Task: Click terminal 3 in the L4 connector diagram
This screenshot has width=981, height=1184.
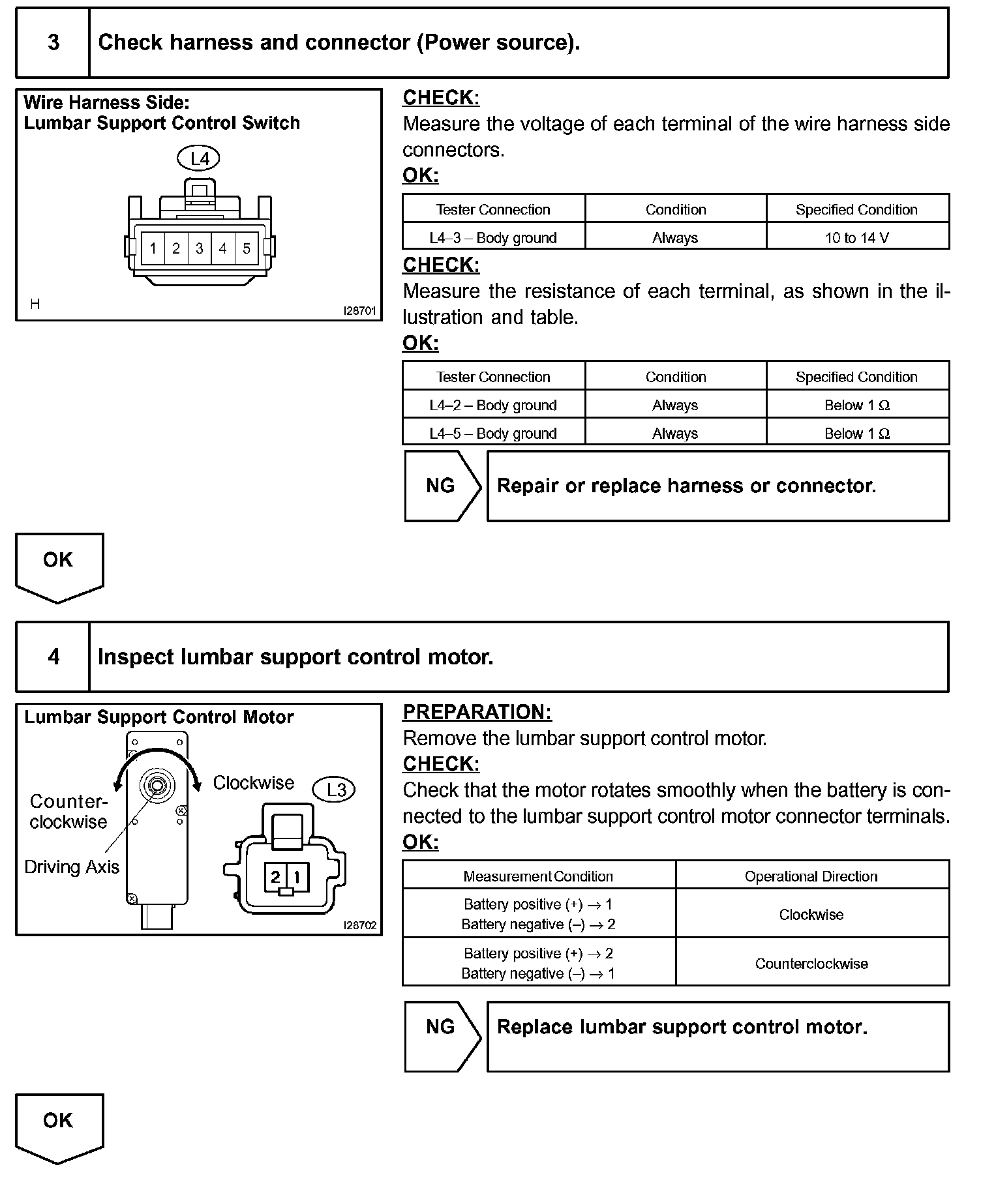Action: (200, 248)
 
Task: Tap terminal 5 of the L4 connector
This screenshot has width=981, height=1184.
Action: (247, 248)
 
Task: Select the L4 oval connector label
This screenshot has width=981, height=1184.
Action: (199, 158)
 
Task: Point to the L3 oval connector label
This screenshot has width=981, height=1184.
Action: (335, 790)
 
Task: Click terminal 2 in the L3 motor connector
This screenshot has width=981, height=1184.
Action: (275, 877)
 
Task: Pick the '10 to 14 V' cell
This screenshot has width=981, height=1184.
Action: (857, 238)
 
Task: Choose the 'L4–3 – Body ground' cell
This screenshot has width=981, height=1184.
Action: (493, 238)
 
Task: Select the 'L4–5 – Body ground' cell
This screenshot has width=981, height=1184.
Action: (493, 434)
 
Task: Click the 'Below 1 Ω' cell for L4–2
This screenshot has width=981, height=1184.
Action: (857, 406)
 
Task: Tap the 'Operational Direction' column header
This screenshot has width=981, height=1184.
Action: (811, 876)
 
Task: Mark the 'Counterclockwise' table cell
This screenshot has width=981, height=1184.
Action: (811, 964)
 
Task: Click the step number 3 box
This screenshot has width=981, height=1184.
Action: (53, 43)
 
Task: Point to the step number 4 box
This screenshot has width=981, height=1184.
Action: (53, 657)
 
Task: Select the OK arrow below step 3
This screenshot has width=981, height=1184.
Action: (59, 565)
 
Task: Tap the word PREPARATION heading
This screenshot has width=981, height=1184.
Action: (477, 713)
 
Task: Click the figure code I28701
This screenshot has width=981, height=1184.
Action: (360, 311)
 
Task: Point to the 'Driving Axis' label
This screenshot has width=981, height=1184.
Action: (72, 867)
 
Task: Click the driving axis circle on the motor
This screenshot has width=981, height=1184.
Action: (157, 785)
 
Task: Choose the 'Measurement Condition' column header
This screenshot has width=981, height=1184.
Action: (538, 876)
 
